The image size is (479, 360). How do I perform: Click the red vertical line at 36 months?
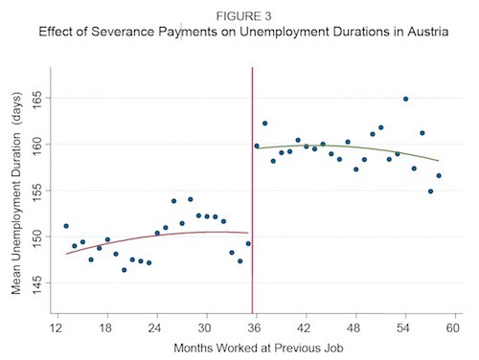(252, 191)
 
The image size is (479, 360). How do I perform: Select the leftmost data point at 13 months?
(65, 226)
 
